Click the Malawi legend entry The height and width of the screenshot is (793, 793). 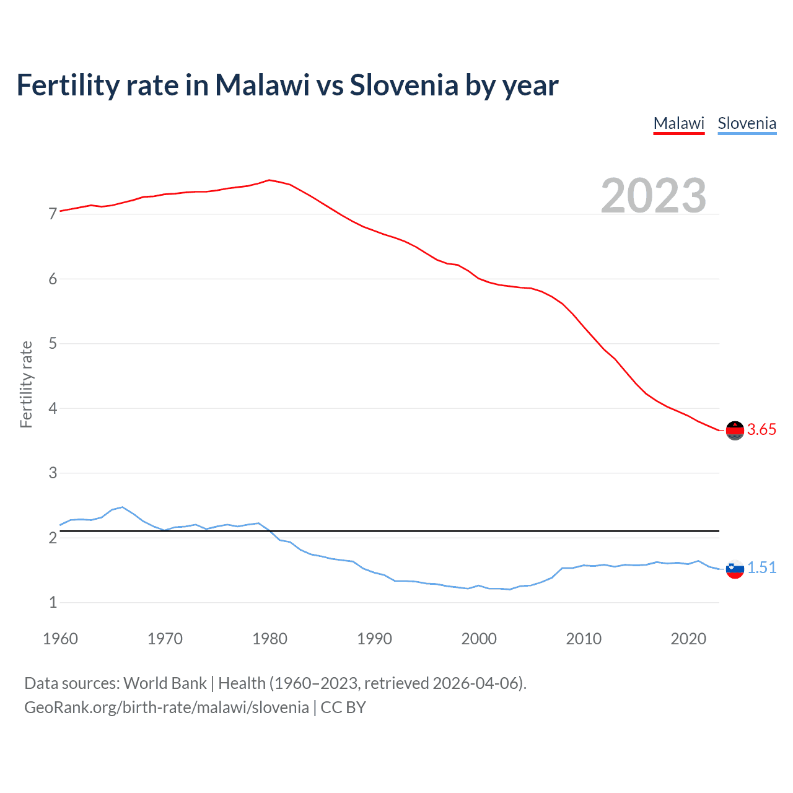(679, 123)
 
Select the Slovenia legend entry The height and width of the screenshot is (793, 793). (747, 123)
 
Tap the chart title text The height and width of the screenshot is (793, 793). (287, 85)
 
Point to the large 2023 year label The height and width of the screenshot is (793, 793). (654, 196)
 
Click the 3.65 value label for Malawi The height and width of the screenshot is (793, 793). (761, 429)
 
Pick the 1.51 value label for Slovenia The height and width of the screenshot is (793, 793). (761, 567)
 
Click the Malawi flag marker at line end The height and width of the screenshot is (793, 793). (735, 430)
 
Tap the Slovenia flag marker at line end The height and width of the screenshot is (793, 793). (735, 569)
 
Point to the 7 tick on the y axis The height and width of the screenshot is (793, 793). (53, 214)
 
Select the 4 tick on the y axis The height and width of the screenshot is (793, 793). (53, 408)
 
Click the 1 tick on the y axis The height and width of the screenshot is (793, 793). (53, 602)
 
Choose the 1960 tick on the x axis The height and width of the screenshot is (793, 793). (60, 639)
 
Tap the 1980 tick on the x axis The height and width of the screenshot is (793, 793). (269, 639)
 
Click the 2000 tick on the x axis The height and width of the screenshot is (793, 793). (479, 639)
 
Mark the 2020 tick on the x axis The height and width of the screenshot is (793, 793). (688, 639)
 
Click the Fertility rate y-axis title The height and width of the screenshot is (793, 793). (26, 384)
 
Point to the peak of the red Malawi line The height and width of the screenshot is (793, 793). (269, 180)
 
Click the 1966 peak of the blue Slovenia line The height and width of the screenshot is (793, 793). (122, 507)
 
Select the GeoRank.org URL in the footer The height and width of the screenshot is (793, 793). (166, 708)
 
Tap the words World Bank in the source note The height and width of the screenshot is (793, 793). (165, 683)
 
